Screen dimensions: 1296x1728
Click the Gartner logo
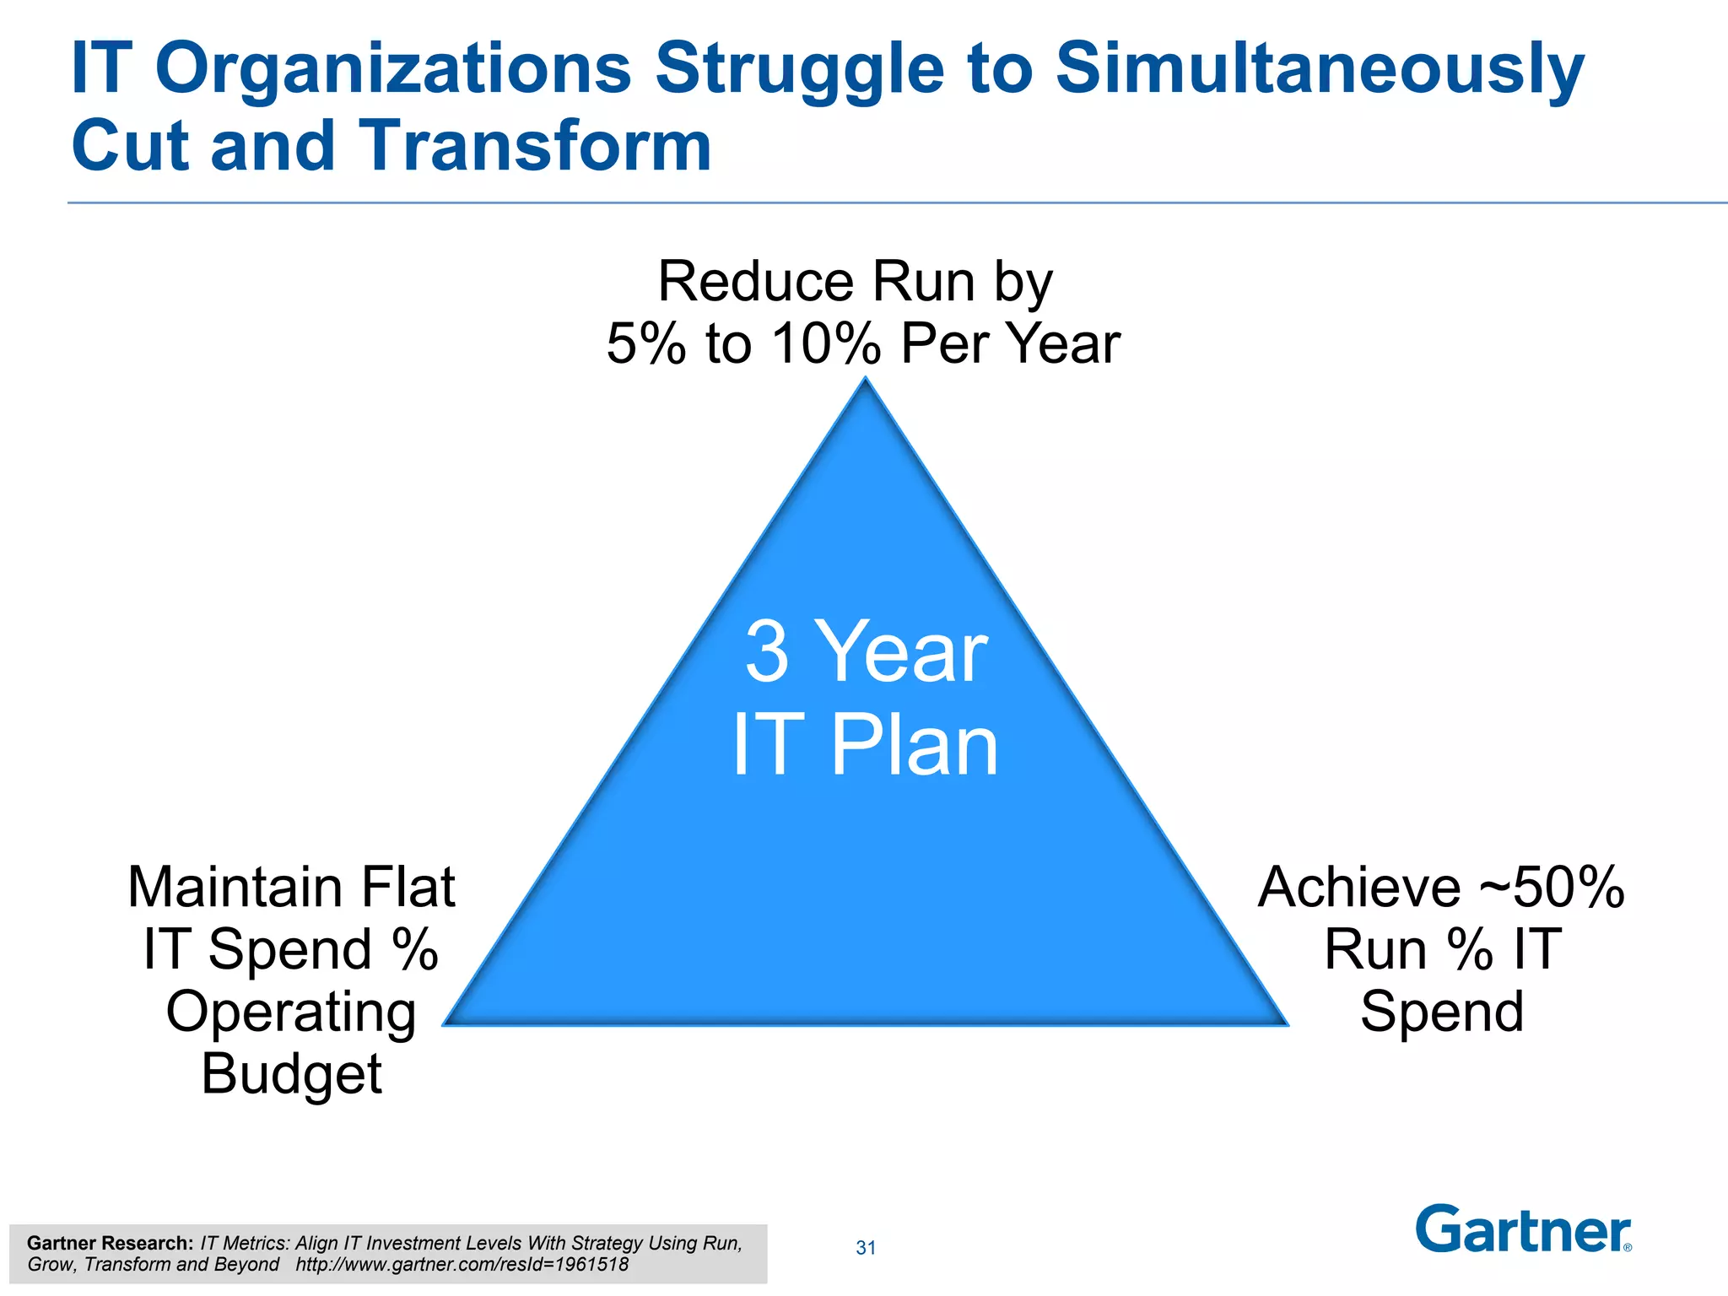coord(1523,1229)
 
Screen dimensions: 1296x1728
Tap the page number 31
coord(866,1248)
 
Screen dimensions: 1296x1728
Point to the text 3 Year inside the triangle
coord(866,651)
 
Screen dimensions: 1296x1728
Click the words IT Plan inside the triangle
coord(866,744)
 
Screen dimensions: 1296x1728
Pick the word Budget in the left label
coord(291,1074)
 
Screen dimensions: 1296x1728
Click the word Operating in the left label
coord(291,1012)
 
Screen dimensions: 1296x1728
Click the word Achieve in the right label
coord(1359,888)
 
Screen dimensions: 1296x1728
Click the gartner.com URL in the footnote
coord(462,1265)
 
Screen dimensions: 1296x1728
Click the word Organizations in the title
coord(393,69)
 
